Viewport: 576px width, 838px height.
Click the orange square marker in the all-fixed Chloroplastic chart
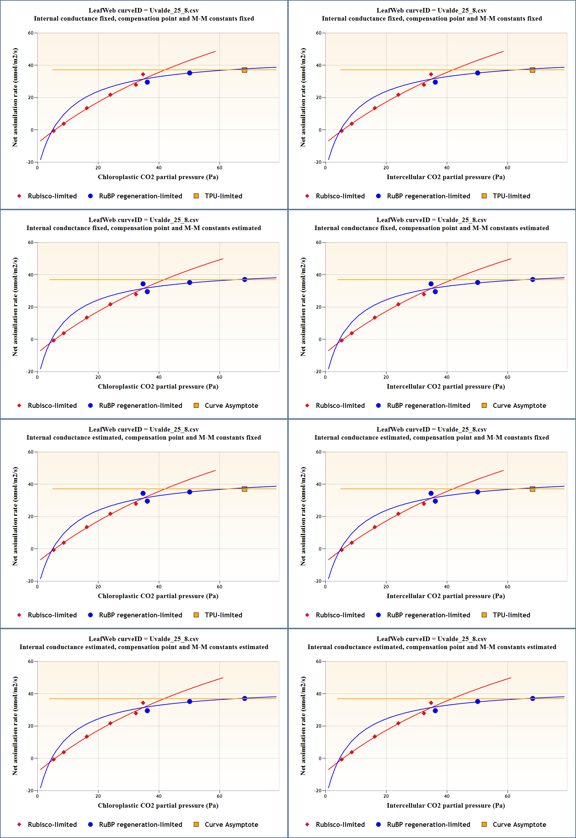(244, 70)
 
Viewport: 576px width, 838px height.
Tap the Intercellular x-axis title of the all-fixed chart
(445, 177)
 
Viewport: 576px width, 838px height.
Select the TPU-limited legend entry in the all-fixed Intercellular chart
(511, 196)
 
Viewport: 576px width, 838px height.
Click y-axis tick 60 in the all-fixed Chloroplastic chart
(31, 33)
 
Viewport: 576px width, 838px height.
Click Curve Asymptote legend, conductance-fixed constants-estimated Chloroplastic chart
(231, 405)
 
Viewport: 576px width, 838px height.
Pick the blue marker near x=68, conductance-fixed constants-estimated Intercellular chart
(532, 279)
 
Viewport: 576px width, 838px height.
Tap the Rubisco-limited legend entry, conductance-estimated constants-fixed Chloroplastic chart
(52, 615)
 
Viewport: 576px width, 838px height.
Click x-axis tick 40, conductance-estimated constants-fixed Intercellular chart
(447, 587)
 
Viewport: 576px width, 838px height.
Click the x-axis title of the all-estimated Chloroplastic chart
(158, 805)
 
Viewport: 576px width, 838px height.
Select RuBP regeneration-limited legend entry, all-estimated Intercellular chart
(428, 824)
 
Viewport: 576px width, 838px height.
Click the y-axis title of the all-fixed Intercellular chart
(303, 97)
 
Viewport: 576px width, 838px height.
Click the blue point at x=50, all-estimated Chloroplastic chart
(190, 701)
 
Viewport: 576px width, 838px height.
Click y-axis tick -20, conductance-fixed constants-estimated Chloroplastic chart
(30, 372)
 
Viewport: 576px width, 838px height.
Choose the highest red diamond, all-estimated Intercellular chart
(431, 703)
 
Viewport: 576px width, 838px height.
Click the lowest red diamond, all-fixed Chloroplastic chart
(54, 131)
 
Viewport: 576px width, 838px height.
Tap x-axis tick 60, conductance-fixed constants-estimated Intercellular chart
(508, 377)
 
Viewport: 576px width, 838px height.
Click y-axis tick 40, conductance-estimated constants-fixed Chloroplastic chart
(31, 484)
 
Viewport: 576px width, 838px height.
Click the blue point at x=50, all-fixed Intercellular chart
(478, 73)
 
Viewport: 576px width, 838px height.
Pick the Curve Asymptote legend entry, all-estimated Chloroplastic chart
(231, 824)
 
